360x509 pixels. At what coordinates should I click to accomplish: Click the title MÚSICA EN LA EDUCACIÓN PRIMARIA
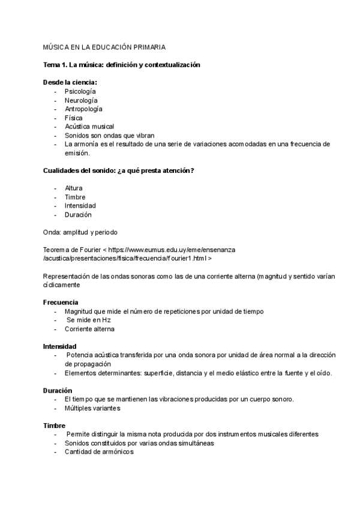[104, 46]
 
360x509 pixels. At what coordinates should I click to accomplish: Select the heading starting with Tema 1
[121, 64]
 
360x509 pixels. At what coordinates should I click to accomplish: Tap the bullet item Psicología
[80, 91]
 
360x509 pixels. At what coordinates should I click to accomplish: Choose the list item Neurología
[81, 100]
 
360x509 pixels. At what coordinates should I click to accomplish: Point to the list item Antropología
[83, 109]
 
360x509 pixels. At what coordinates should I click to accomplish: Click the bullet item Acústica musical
[89, 127]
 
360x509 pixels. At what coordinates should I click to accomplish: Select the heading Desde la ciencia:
[70, 82]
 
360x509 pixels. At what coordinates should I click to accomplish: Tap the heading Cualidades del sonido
[118, 171]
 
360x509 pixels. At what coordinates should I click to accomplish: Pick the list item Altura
[74, 188]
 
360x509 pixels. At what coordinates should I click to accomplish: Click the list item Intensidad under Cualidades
[80, 206]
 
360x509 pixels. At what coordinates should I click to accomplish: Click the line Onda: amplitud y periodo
[80, 232]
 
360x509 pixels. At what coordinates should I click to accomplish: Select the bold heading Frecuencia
[61, 303]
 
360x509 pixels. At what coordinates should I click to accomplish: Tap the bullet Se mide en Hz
[89, 320]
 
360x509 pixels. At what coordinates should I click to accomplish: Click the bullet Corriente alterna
[89, 329]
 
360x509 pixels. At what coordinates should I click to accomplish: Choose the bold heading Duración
[58, 390]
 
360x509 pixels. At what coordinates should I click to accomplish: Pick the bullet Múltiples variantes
[92, 408]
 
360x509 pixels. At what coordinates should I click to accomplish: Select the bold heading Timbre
[54, 426]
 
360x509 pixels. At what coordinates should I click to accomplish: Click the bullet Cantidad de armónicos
[99, 452]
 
